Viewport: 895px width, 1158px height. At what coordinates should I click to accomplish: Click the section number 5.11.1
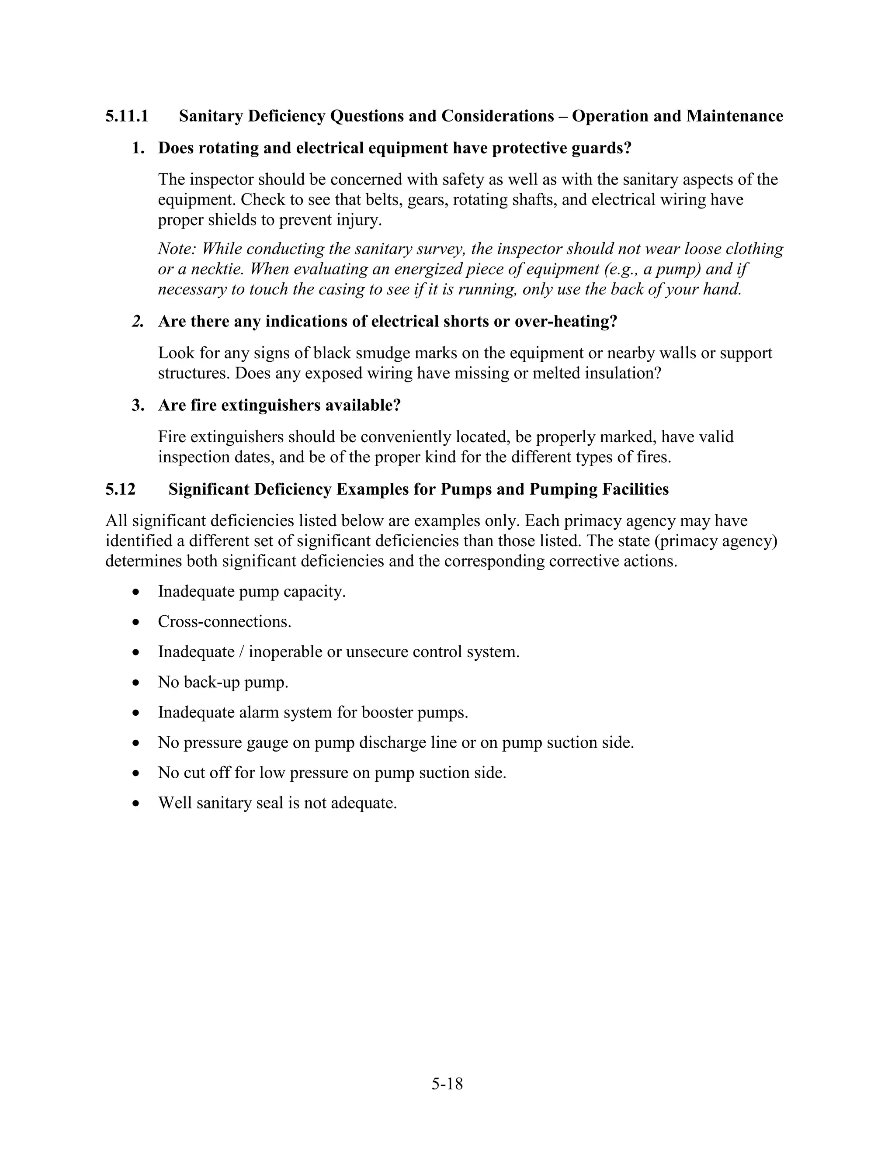click(127, 116)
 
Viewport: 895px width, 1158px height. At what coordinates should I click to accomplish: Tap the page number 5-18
click(447, 1084)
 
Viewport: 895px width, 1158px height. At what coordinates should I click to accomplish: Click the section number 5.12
click(120, 489)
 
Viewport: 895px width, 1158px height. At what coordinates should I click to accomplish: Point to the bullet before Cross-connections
click(137, 622)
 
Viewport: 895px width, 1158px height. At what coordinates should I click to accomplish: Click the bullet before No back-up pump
click(137, 683)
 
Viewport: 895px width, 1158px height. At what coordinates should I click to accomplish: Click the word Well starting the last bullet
click(174, 803)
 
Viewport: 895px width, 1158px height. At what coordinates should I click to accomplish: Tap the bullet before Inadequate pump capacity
click(137, 592)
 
